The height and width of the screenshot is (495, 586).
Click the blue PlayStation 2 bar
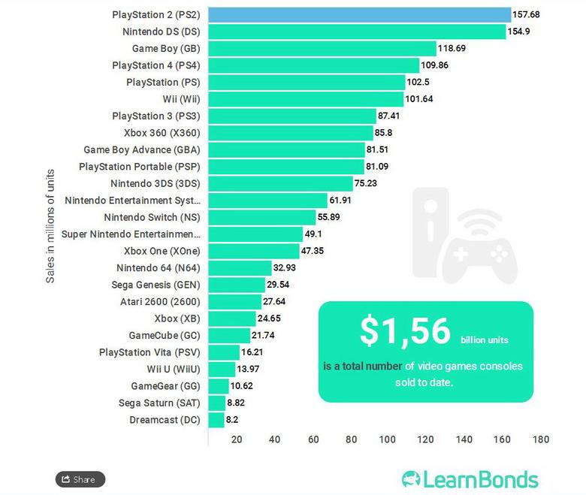(x=359, y=14)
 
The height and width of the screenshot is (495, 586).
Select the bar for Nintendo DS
(x=357, y=32)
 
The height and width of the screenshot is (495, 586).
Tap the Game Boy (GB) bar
(x=322, y=48)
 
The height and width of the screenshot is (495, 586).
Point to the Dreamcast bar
(x=216, y=420)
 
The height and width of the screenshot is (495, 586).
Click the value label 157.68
(x=525, y=14)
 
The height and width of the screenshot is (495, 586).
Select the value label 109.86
(x=435, y=65)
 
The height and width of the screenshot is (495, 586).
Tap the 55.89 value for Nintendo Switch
(x=331, y=217)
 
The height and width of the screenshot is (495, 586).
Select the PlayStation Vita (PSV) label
(x=150, y=352)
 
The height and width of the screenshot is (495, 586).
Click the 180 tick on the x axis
(x=540, y=439)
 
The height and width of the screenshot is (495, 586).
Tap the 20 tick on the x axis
(x=236, y=439)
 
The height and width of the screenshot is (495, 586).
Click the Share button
(x=80, y=479)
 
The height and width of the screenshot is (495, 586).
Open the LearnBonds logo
(x=470, y=479)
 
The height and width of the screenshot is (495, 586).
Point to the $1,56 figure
(x=405, y=331)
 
